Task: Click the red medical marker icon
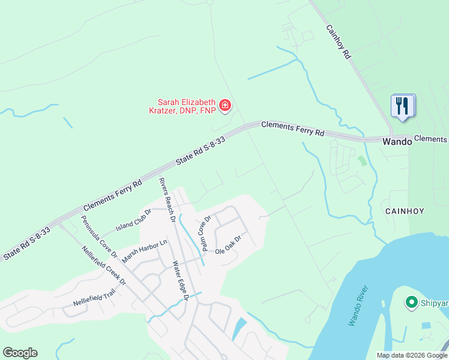(225, 106)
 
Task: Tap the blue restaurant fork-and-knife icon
(402, 107)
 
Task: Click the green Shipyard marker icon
(412, 302)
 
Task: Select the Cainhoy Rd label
(338, 41)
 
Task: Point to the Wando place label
(397, 142)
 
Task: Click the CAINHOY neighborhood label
(405, 211)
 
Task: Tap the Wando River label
(359, 307)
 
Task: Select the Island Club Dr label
(133, 223)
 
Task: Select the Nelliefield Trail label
(94, 297)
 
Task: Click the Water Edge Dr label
(181, 280)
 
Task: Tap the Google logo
(20, 353)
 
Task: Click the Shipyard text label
(435, 303)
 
